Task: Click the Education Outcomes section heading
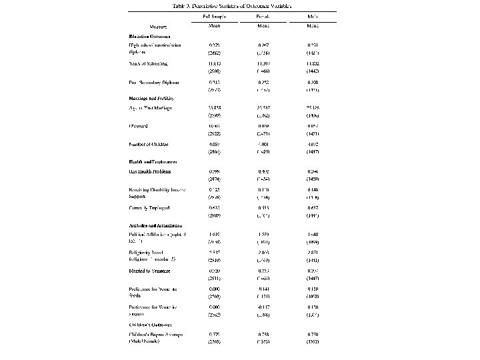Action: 150,36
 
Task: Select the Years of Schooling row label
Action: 148,63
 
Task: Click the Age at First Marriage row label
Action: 151,108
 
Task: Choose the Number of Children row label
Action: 149,144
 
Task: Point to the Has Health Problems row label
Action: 150,171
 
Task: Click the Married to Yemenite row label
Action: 150,271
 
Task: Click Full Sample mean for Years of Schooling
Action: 215,63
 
